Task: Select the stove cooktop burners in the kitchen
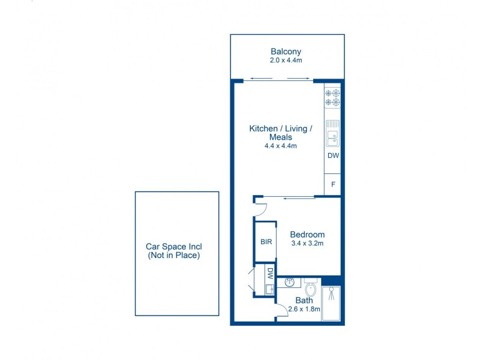[332, 98]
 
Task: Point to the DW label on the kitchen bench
[333, 156]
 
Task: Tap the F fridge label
[333, 185]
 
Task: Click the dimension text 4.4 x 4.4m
[281, 146]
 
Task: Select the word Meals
[281, 137]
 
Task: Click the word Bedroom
[307, 235]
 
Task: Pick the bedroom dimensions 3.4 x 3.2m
[307, 244]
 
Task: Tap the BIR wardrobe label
[266, 242]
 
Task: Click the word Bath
[304, 301]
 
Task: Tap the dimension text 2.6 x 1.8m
[304, 310]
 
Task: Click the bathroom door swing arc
[281, 311]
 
